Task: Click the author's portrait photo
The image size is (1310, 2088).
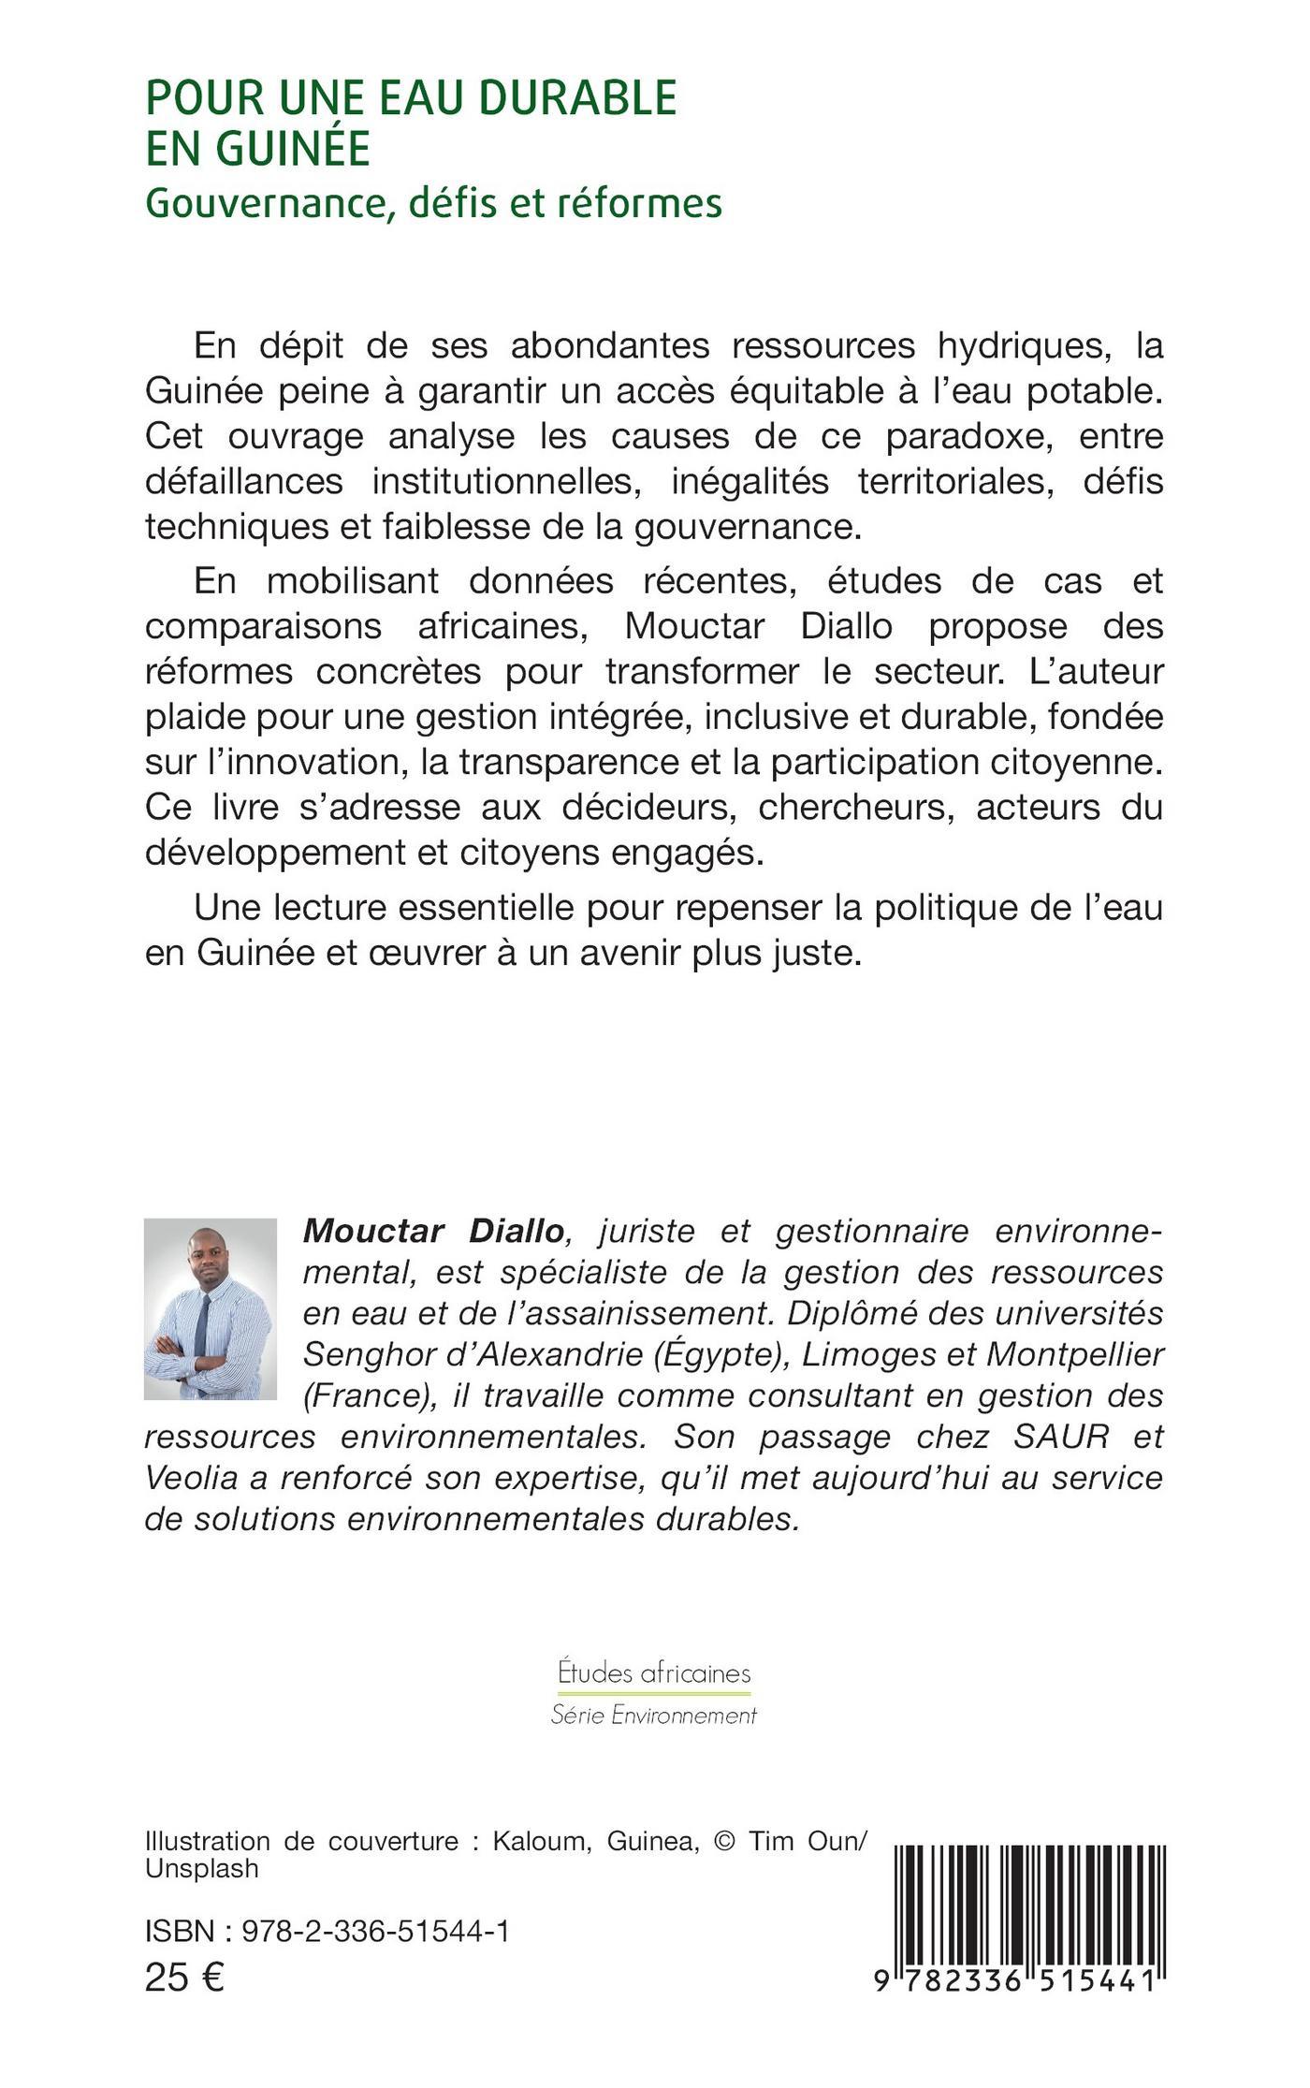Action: pyautogui.click(x=211, y=1308)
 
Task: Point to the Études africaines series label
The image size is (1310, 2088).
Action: pyautogui.click(x=654, y=1672)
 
